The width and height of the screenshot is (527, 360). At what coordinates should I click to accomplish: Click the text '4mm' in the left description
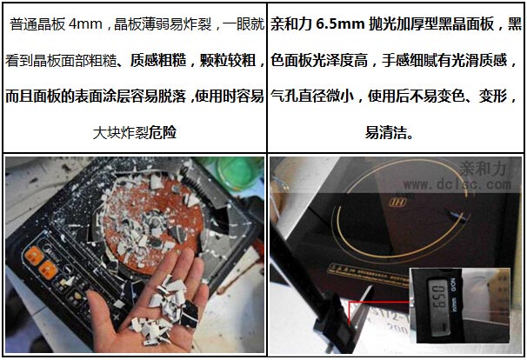[x=85, y=24]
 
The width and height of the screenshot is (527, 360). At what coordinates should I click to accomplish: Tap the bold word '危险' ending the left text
[x=163, y=132]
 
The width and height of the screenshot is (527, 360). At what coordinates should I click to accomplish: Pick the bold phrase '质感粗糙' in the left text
[x=158, y=61]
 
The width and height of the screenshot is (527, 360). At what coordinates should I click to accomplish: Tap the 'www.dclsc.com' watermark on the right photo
[x=457, y=184]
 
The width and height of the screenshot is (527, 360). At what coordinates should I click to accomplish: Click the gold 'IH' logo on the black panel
[x=397, y=202]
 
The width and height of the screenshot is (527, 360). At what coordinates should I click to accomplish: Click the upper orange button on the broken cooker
[x=34, y=257]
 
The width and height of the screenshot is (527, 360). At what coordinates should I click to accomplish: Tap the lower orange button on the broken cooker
[x=48, y=270]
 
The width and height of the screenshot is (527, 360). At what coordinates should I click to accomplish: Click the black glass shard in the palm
[x=190, y=314]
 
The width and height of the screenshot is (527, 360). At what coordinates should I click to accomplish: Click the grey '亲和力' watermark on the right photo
[x=483, y=168]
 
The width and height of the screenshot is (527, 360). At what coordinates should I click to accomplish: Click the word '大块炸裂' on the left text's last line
[x=120, y=132]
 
